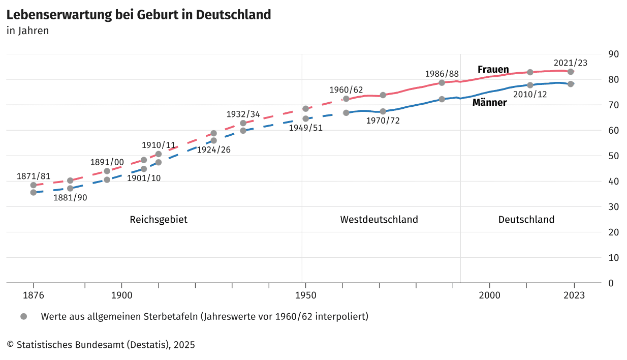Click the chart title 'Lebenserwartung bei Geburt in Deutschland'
(139, 15)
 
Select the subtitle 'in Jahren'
(28, 31)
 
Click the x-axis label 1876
(34, 295)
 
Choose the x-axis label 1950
(305, 295)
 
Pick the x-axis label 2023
(574, 295)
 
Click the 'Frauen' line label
(493, 70)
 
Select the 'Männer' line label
(489, 103)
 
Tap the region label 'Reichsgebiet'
(159, 220)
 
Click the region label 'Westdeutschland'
(379, 220)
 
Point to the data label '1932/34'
(243, 114)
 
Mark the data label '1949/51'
(305, 128)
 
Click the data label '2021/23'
(571, 63)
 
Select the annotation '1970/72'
(383, 121)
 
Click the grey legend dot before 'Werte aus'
(23, 316)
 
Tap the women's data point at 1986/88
(442, 82)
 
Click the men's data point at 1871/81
(34, 192)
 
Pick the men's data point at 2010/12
(530, 85)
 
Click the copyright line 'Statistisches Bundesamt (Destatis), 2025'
(101, 345)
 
